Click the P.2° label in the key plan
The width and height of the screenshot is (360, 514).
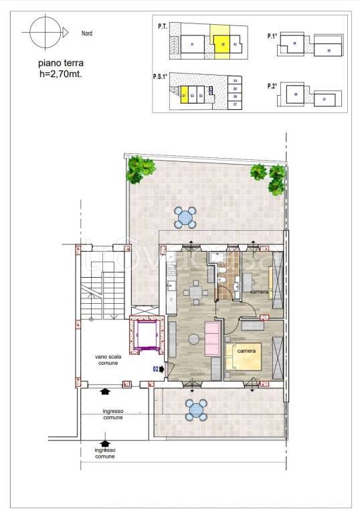click(x=272, y=86)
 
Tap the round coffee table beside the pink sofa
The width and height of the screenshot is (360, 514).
click(x=194, y=339)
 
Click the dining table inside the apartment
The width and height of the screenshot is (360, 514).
click(x=195, y=292)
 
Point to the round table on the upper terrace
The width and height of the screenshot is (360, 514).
click(x=186, y=216)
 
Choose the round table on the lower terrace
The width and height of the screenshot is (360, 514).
click(x=197, y=409)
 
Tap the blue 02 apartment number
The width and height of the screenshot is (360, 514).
click(x=155, y=368)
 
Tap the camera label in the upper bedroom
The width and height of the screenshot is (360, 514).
click(x=260, y=293)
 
